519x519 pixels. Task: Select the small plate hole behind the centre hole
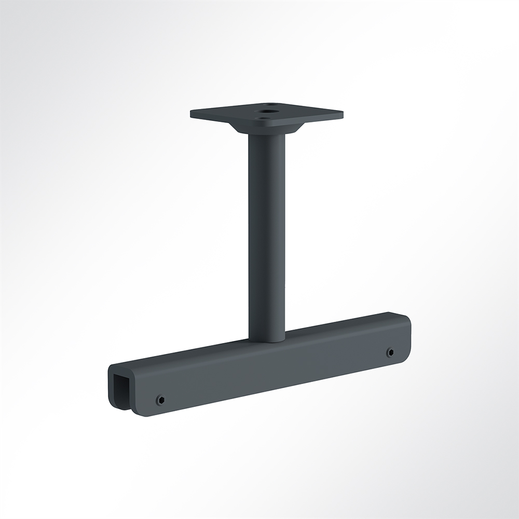[x=271, y=104]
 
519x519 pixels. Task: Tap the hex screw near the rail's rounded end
[x=390, y=352]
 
